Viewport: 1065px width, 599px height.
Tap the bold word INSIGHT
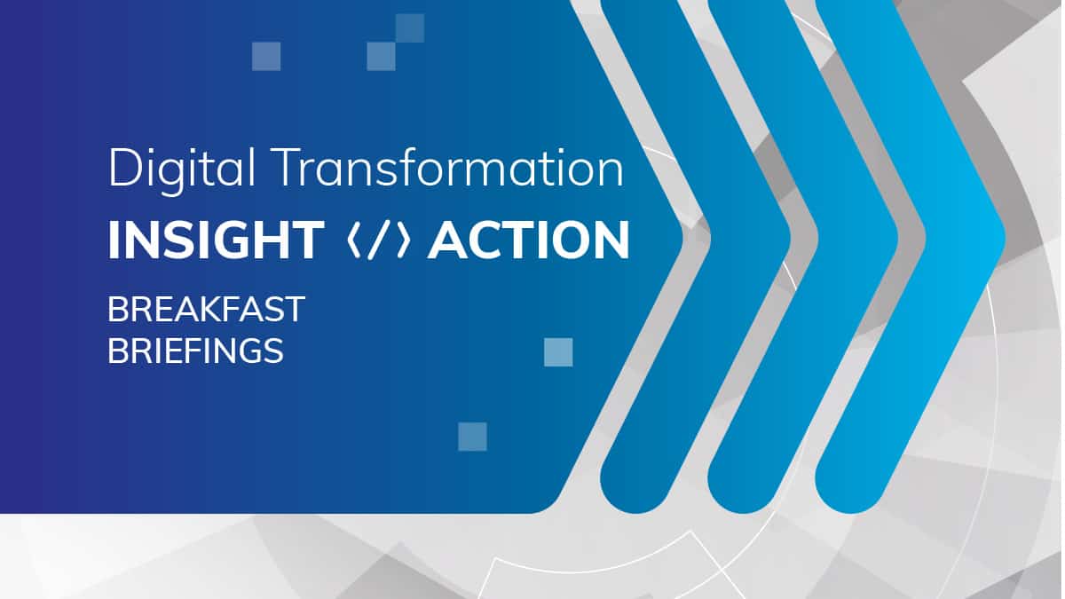click(x=217, y=240)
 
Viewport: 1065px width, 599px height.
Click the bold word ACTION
click(x=529, y=240)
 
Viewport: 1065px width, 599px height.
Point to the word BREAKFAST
click(x=206, y=310)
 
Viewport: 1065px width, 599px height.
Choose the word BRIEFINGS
click(x=195, y=351)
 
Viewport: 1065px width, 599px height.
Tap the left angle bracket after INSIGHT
click(x=354, y=240)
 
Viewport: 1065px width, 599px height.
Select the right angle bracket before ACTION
click(x=404, y=240)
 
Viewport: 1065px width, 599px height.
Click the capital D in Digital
click(x=125, y=168)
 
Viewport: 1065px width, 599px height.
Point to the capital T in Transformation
click(x=288, y=168)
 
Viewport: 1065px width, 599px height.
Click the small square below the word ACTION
click(x=558, y=352)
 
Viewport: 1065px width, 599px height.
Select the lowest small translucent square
click(x=472, y=437)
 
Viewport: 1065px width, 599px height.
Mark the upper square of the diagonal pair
click(x=410, y=28)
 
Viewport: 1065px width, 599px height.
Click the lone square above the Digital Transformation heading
click(x=266, y=57)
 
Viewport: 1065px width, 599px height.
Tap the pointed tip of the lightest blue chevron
click(x=1005, y=238)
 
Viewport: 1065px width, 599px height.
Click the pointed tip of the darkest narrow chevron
click(x=791, y=238)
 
